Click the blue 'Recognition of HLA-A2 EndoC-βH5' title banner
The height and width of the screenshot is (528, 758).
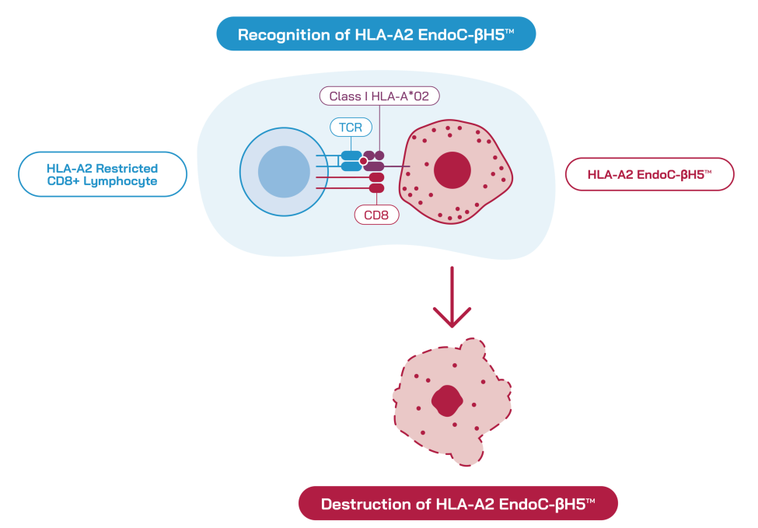pos(376,34)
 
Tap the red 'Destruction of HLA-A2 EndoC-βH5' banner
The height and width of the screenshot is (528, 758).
pos(458,503)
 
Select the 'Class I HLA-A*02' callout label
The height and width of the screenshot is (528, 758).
pos(379,96)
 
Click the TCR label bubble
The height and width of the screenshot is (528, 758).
pos(351,128)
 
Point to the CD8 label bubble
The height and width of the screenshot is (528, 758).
pos(376,215)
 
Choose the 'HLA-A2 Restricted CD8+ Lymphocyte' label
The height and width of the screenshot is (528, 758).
pos(103,174)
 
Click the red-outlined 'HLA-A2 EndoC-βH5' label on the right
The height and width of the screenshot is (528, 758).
pos(650,174)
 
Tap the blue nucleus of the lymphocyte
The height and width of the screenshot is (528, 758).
pos(285,172)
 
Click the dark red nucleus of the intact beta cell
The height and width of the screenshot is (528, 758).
pos(452,170)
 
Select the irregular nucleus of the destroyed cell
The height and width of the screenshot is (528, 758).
pos(447,400)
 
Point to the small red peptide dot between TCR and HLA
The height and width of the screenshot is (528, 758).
pos(364,161)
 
